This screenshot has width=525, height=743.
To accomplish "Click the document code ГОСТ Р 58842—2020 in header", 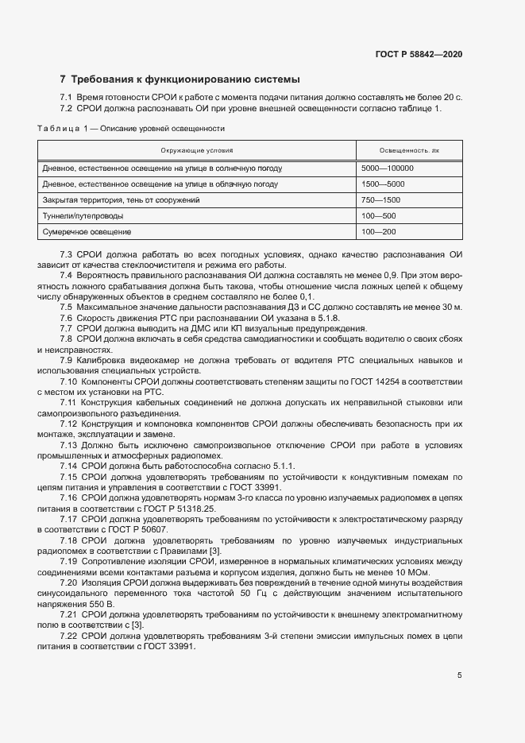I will pyautogui.click(x=419, y=54).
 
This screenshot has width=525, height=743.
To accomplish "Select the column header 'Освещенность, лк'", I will pyautogui.click(x=409, y=149).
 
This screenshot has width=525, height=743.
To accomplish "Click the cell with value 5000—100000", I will pyautogui.click(x=388, y=168).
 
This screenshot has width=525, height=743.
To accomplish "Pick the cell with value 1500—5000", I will pyautogui.click(x=383, y=184).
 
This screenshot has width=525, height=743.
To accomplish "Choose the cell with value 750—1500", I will pyautogui.click(x=380, y=199).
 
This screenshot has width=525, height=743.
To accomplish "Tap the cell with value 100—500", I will pyautogui.click(x=378, y=215).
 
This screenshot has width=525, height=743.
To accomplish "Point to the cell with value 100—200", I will pyautogui.click(x=378, y=231).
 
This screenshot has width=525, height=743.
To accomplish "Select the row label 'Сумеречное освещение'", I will pyautogui.click(x=87, y=231).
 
